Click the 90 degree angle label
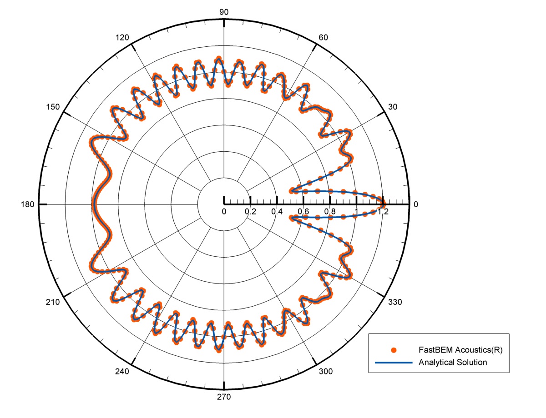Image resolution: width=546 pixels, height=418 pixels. [223, 12]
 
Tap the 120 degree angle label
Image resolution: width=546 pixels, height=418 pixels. [122, 38]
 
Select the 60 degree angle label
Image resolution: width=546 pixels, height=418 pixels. [323, 38]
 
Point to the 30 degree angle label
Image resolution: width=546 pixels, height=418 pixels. [393, 107]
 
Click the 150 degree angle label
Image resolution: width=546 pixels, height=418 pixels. [53, 107]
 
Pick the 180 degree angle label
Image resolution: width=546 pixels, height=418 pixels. [27, 204]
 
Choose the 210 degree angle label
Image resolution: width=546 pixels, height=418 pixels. [53, 302]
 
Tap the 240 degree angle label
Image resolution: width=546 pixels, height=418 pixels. [122, 371]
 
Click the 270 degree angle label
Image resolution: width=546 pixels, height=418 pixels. [223, 397]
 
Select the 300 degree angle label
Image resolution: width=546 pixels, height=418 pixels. [326, 371]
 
